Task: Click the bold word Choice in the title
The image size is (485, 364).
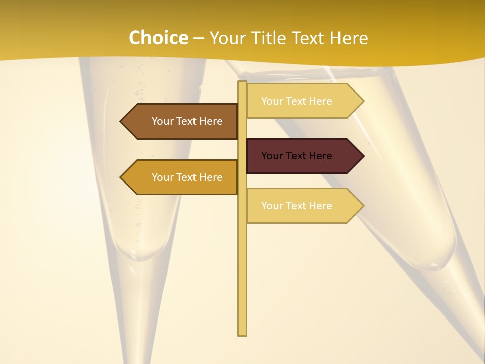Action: tap(158, 38)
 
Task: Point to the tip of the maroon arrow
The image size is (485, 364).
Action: tap(363, 156)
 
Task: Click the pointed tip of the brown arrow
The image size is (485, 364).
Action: tap(121, 121)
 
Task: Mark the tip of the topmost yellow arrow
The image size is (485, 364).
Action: tap(363, 101)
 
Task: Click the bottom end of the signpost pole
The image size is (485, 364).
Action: tap(243, 334)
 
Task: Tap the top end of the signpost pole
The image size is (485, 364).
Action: tap(243, 83)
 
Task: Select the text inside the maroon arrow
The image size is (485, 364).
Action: tap(297, 156)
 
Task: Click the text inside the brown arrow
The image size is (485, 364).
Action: tap(187, 121)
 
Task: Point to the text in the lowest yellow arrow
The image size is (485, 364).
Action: tap(297, 206)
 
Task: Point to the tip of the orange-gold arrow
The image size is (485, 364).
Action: tap(121, 177)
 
